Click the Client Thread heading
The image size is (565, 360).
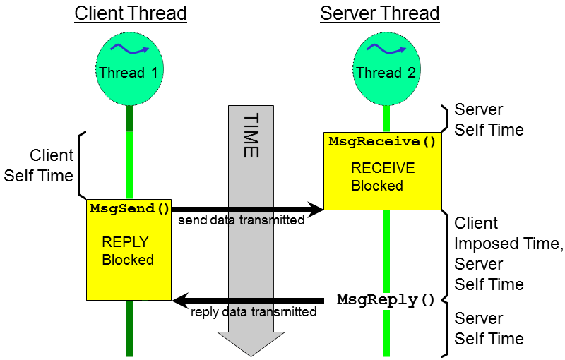coord(131,13)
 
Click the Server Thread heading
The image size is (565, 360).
coord(380,13)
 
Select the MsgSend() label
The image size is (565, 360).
coord(130,208)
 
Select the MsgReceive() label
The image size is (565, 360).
coord(382,142)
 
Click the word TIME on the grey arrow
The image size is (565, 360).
coord(251,135)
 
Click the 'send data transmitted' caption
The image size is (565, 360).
coord(241,220)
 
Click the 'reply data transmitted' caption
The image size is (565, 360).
coord(254,311)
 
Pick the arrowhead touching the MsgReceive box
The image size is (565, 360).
coord(315,209)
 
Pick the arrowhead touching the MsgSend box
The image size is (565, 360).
coord(181,301)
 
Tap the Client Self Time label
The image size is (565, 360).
coord(39,165)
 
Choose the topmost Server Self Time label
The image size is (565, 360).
coord(489,120)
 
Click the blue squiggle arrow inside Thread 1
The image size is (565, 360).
coord(129,50)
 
